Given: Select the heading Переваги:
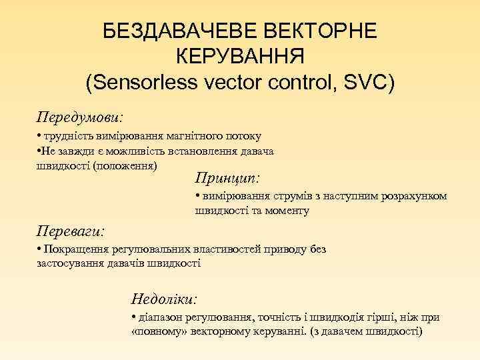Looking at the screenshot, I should coord(74,231).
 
